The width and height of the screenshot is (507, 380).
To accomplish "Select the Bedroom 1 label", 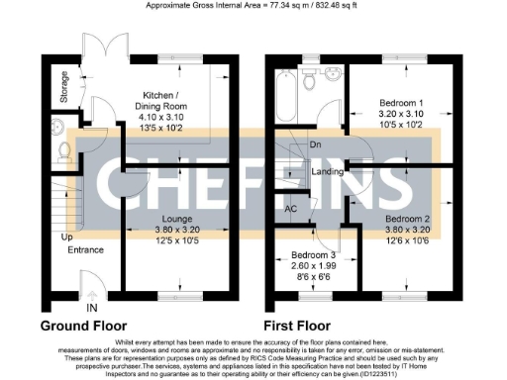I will click(403, 103).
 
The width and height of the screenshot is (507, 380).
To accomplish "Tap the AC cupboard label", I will click(290, 210).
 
